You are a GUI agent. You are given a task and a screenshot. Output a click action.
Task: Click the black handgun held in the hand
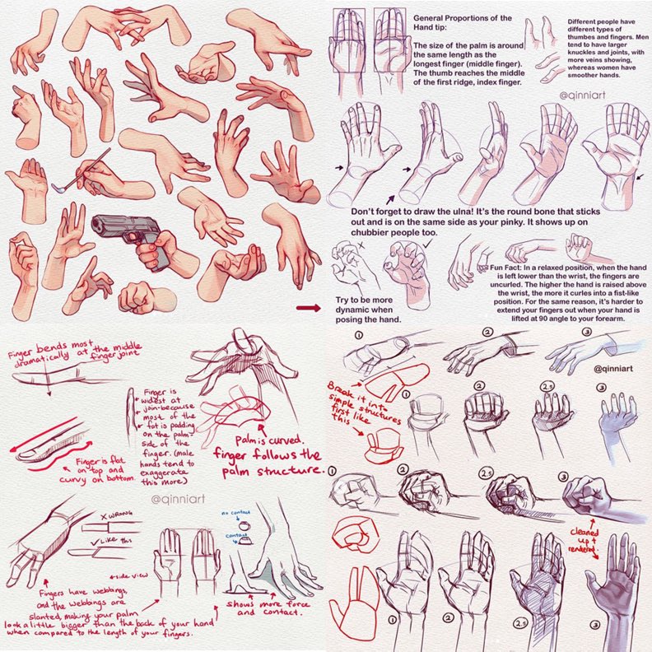pyautogui.click(x=123, y=230)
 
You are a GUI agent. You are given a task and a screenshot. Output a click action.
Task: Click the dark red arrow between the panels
pyautogui.click(x=307, y=308)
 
